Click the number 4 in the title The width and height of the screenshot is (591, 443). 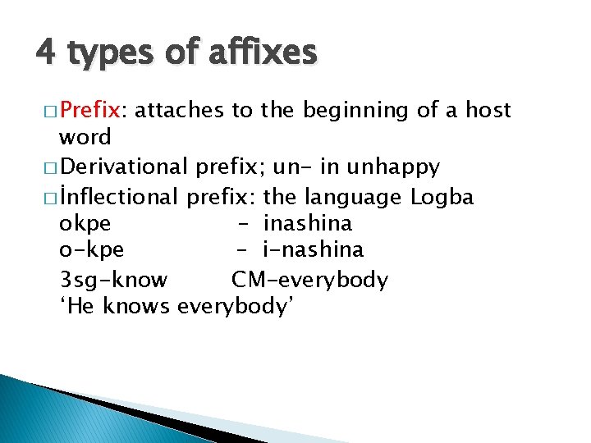tap(46, 53)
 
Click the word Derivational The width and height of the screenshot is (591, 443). tap(124, 167)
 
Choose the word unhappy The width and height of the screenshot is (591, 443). tap(394, 167)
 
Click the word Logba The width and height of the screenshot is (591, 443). tap(442, 197)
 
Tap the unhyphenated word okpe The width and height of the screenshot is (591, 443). tap(85, 223)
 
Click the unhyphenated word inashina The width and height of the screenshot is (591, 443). tap(308, 223)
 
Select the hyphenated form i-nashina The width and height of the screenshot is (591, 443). tap(314, 250)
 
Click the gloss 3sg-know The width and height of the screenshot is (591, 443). tap(113, 280)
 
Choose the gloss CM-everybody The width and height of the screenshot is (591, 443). tap(309, 280)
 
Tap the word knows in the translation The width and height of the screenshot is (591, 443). tap(139, 308)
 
